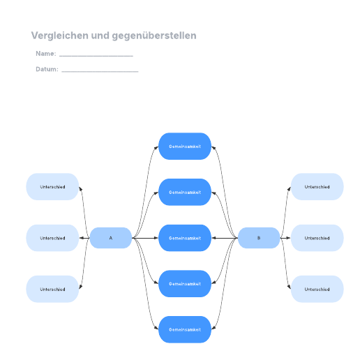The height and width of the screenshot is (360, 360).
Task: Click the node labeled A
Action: point(111,238)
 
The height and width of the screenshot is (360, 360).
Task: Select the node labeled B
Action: point(259,238)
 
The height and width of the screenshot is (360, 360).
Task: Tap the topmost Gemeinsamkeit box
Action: point(185,147)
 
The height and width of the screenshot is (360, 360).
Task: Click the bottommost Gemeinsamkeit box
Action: point(185,329)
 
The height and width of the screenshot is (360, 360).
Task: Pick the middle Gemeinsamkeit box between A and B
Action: point(185,238)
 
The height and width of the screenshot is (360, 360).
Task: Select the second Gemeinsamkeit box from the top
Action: point(185,192)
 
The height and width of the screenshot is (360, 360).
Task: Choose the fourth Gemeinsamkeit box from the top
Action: point(185,284)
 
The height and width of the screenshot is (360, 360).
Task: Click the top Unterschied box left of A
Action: point(52,187)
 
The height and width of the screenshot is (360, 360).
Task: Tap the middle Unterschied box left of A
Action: point(52,238)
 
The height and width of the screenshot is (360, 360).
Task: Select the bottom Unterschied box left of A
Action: point(52,289)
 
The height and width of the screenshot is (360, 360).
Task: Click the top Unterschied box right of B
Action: point(317,187)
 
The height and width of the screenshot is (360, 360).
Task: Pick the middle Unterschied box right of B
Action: point(317,238)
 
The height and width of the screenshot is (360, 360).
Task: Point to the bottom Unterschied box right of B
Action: point(317,289)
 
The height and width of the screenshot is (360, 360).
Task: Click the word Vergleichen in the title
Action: point(60,36)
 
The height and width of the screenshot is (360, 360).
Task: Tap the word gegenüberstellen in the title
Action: point(154,36)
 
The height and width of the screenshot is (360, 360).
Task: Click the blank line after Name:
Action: point(96,56)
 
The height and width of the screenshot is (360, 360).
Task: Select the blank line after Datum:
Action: point(100,71)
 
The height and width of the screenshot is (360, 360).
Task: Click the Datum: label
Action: point(47,69)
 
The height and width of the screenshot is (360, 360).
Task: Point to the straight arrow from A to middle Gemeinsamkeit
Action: point(145,238)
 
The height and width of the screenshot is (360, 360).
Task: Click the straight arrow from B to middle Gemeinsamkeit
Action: point(225,238)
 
